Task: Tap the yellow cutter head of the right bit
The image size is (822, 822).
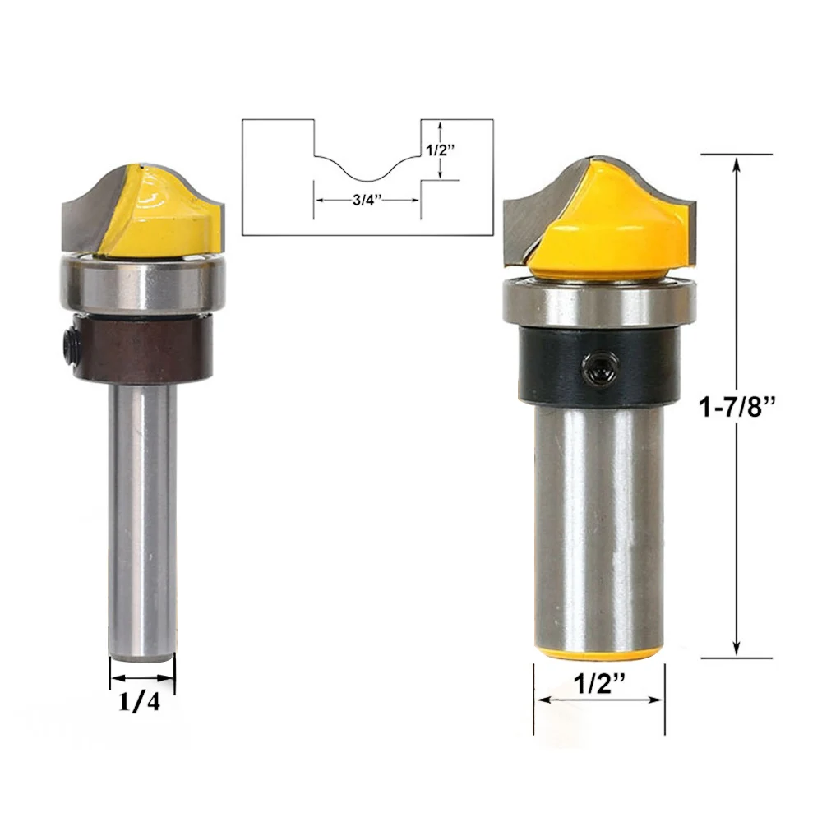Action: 608,230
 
